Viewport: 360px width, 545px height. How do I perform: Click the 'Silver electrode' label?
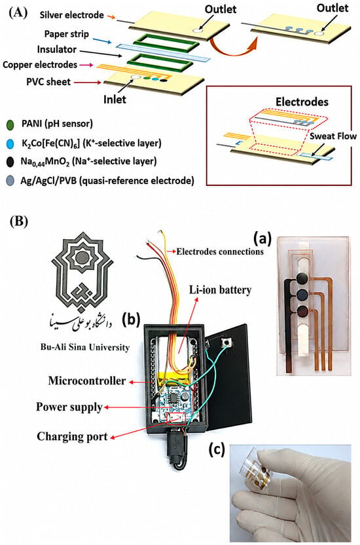71,15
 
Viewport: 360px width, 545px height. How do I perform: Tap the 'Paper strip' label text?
67,34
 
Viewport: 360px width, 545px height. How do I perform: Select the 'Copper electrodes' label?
40,65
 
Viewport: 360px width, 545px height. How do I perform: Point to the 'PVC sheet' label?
48,82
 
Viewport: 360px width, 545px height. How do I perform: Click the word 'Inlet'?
115,100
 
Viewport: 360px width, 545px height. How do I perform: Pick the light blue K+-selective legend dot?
10,143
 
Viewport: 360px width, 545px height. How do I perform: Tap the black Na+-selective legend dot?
10,162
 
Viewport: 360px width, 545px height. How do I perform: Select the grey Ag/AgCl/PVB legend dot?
10,180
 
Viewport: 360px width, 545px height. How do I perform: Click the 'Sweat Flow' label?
333,136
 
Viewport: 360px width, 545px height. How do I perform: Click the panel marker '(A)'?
18,13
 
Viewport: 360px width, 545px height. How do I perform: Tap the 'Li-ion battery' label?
220,290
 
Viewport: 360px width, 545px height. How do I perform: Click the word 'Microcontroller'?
87,381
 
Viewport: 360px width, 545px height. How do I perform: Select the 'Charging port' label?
72,436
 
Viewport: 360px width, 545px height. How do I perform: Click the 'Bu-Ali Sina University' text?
84,347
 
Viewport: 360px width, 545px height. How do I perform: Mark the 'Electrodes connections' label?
220,252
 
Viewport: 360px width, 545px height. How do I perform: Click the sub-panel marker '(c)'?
217,449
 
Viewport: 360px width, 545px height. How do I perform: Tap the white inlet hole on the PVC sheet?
135,77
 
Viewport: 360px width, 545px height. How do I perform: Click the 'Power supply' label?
69,407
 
